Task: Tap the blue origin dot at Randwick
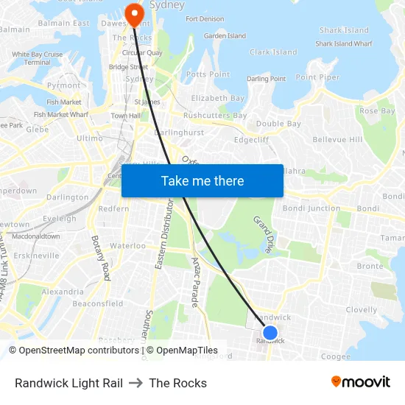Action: (270, 333)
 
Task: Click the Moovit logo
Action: (360, 382)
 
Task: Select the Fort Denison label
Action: (204, 19)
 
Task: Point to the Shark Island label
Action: (344, 30)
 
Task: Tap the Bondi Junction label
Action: (313, 208)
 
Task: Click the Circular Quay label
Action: (142, 52)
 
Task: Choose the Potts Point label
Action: (208, 74)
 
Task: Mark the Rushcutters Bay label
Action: (215, 116)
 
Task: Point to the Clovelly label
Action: (361, 310)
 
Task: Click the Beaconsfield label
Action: (98, 303)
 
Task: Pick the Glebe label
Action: (37, 129)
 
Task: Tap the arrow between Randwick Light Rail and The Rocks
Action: (135, 383)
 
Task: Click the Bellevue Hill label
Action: (337, 139)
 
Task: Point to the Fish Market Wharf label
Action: (61, 114)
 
